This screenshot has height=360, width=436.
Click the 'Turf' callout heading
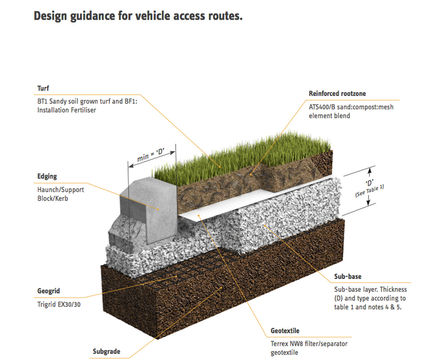(x=43, y=88)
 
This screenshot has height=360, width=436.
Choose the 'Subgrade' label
(x=108, y=350)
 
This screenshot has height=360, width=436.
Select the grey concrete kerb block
(x=150, y=199)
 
